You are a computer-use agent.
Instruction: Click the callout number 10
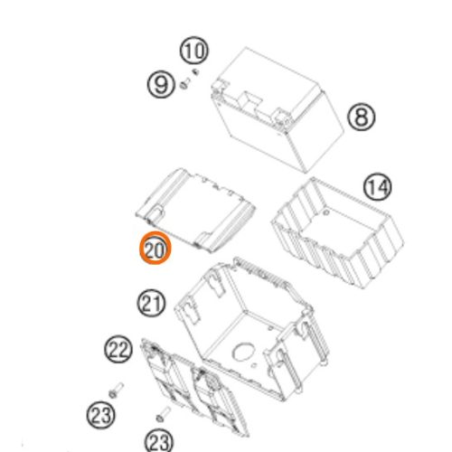pos(194,51)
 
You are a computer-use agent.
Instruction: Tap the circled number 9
pos(161,84)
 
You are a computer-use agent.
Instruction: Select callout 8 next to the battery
pos(362,117)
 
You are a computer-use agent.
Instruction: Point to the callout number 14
pos(378,187)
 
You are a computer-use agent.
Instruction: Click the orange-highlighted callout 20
pos(155,249)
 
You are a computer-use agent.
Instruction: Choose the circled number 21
pos(152,303)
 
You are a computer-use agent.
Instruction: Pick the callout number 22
pos(118,350)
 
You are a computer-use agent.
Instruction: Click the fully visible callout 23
pos(101,415)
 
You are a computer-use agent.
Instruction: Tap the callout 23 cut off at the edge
pos(159,441)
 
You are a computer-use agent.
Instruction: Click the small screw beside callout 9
pos(184,83)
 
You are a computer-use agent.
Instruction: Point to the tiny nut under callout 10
pos(196,71)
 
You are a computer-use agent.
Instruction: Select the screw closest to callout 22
pos(116,390)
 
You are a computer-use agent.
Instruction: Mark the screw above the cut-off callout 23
pos(164,414)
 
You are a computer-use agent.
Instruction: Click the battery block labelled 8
pos(278,110)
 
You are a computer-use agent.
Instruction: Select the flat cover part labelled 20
pos(195,210)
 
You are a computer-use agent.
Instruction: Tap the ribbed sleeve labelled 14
pos(337,233)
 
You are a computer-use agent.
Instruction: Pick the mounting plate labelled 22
pos(195,388)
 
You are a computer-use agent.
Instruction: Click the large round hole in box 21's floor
pos(243,351)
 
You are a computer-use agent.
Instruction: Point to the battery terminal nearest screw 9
pos(218,86)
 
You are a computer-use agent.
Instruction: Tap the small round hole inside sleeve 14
pos(325,212)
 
